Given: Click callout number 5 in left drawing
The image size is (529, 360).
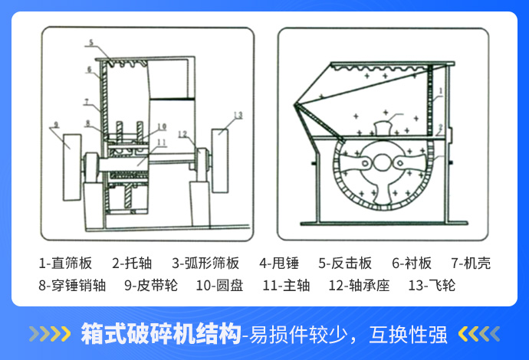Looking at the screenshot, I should tap(91, 43).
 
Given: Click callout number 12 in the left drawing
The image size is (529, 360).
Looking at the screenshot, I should tap(182, 135).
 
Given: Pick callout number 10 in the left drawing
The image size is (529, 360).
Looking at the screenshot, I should tap(162, 127).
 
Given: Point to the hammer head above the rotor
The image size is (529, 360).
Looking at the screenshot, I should tap(381, 128).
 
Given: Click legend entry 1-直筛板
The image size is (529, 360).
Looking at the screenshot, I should tap(65, 264).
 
